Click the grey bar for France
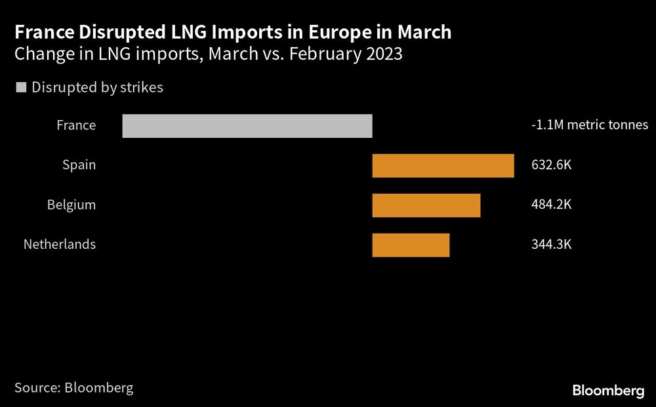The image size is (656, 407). pos(247,125)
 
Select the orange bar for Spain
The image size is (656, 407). pos(443,165)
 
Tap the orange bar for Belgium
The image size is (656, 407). pos(426,205)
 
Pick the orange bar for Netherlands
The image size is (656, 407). pos(411,245)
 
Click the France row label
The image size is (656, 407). pos(76,125)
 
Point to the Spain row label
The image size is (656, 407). pos(79,165)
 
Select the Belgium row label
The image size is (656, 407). pos(71,205)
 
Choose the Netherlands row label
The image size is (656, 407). pos(60,245)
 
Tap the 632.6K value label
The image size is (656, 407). pos(552,165)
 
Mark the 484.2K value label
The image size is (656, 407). pos(552,205)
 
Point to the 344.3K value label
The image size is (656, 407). pos(552,245)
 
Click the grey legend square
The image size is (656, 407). pos(20,87)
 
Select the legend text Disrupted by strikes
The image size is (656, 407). pos(97,87)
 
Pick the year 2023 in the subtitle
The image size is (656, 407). pos(383,54)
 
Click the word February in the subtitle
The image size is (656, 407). pos(319,54)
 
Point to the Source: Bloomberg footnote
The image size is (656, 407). pos(73,387)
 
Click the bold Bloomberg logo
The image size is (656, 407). pos(608,391)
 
